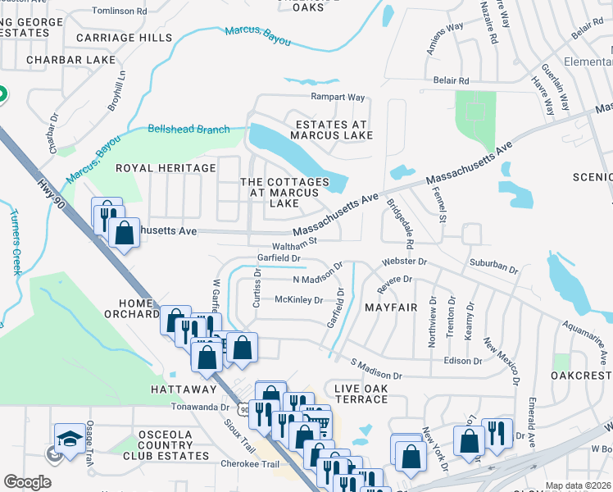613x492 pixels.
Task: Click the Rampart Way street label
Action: [337, 97]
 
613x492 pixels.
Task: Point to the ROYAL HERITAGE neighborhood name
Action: [165, 168]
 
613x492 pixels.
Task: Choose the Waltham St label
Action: [295, 243]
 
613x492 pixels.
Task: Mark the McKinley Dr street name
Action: [298, 300]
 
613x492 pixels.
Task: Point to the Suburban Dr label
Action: [493, 268]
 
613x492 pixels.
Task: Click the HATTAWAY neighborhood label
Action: [183, 388]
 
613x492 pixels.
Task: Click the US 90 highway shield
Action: [243, 408]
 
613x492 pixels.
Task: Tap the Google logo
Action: [27, 482]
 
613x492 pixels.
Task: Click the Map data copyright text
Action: [578, 485]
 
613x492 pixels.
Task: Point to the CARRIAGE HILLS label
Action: [124, 38]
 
